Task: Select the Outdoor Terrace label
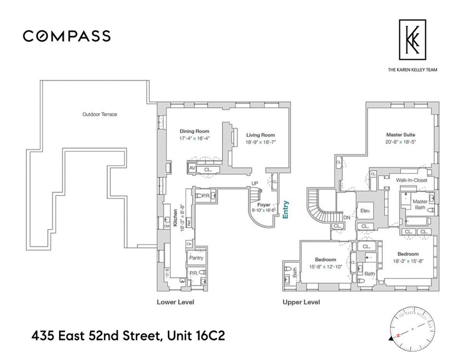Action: pyautogui.click(x=99, y=115)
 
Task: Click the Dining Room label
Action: pyautogui.click(x=194, y=131)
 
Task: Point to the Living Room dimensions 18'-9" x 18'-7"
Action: pyautogui.click(x=260, y=142)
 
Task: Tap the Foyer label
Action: pyautogui.click(x=264, y=205)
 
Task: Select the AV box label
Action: pyautogui.click(x=192, y=168)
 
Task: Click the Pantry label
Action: pyautogui.click(x=196, y=258)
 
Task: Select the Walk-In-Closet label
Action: pyautogui.click(x=411, y=180)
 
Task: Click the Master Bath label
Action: pyautogui.click(x=420, y=205)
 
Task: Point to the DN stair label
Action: pyautogui.click(x=347, y=218)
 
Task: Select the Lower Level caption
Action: pyautogui.click(x=175, y=302)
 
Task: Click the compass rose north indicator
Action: pyautogui.click(x=397, y=334)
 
